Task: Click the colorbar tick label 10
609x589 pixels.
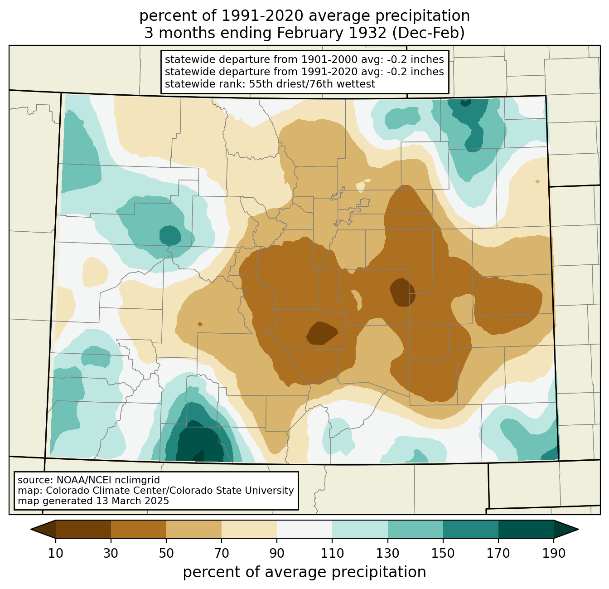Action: click(x=55, y=553)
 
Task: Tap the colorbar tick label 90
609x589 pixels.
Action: click(x=277, y=553)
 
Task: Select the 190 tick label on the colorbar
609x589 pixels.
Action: click(x=553, y=553)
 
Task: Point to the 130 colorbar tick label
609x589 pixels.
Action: click(x=387, y=553)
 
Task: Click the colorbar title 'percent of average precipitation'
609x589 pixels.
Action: click(x=304, y=572)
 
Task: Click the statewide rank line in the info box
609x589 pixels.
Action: click(x=270, y=84)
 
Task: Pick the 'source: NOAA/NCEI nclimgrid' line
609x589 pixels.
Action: click(x=88, y=480)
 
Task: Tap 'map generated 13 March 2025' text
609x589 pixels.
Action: click(x=93, y=501)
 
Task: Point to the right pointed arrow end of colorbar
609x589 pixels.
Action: click(x=566, y=530)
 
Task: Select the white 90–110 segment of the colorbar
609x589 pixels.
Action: click(x=304, y=530)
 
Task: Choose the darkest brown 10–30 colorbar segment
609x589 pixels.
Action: click(x=83, y=530)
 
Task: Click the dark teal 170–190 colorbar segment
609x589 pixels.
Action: click(x=526, y=530)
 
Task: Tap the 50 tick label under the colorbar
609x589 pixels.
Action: click(x=166, y=553)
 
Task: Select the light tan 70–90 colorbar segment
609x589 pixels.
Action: click(x=249, y=530)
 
